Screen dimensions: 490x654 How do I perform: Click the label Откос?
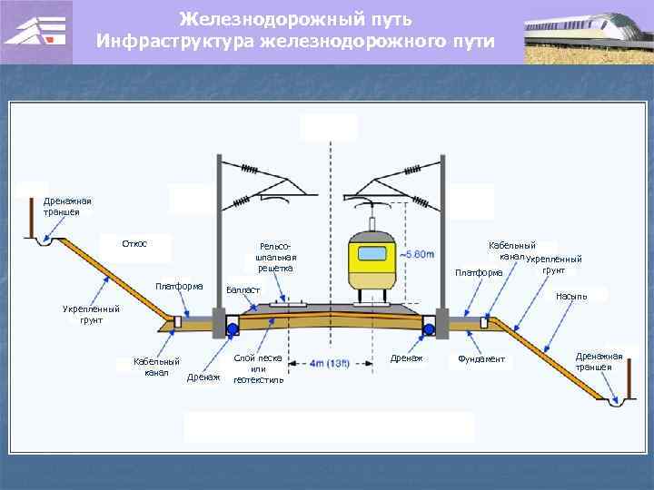[134, 243]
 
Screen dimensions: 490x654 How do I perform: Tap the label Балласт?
[243, 289]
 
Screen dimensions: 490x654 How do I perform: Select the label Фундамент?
[481, 360]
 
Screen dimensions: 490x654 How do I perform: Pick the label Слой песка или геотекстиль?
[258, 368]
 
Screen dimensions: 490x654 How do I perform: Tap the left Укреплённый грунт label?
[91, 314]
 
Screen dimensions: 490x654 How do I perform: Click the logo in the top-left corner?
[36, 32]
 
